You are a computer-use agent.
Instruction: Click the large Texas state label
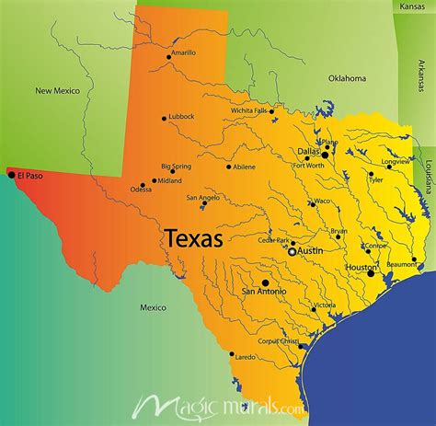pyautogui.click(x=194, y=239)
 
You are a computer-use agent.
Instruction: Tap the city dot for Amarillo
pyautogui.click(x=168, y=57)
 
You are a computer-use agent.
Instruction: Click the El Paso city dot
pyautogui.click(x=11, y=175)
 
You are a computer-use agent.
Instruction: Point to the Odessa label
pyautogui.click(x=142, y=190)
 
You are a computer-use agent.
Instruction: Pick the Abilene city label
pyautogui.click(x=245, y=167)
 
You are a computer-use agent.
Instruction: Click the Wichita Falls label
pyautogui.click(x=249, y=110)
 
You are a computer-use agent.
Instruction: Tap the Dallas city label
pyautogui.click(x=307, y=150)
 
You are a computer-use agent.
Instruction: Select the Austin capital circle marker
pyautogui.click(x=292, y=250)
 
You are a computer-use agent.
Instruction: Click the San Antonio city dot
pyautogui.click(x=265, y=282)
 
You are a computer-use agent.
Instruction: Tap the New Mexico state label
pyautogui.click(x=57, y=90)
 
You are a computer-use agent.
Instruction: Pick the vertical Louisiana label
pyautogui.click(x=429, y=175)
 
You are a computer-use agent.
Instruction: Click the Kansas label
pyautogui.click(x=413, y=6)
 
